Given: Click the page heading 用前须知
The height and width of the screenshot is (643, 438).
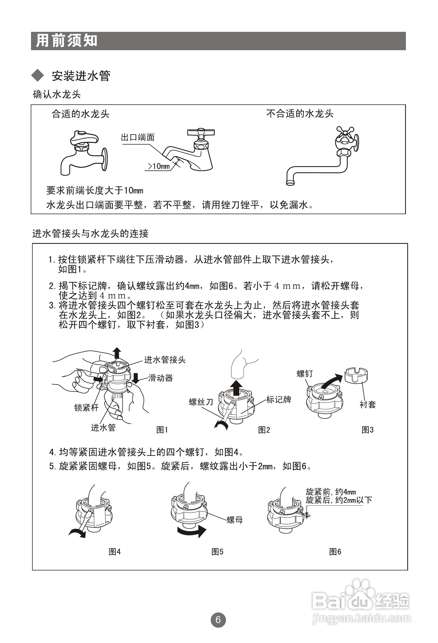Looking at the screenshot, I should pyautogui.click(x=67, y=41).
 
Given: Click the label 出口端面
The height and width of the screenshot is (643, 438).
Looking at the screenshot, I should pyautogui.click(x=138, y=138).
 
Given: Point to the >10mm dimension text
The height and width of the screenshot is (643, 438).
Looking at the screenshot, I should pyautogui.click(x=159, y=166).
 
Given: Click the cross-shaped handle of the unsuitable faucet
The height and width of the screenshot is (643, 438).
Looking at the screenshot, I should pyautogui.click(x=345, y=132).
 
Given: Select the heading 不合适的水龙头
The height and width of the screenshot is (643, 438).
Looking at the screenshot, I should pyautogui.click(x=300, y=114).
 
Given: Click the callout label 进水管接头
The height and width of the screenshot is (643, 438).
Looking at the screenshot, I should pyautogui.click(x=165, y=360).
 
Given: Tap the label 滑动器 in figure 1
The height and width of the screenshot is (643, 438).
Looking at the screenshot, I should pyautogui.click(x=160, y=378).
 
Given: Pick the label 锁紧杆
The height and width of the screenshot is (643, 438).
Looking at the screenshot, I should pyautogui.click(x=86, y=407).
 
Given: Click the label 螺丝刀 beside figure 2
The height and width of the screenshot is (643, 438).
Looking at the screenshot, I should pyautogui.click(x=201, y=402).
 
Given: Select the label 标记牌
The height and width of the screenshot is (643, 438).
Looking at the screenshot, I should pyautogui.click(x=279, y=399).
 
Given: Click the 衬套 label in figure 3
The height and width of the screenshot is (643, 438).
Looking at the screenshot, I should pyautogui.click(x=367, y=405).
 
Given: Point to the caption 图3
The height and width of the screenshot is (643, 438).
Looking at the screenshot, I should pyautogui.click(x=367, y=430).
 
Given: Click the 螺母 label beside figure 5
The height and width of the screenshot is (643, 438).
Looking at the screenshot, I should pyautogui.click(x=235, y=520).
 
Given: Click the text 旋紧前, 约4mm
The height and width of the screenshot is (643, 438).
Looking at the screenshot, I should pyautogui.click(x=331, y=492).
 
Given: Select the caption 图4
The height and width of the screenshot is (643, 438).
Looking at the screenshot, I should pyautogui.click(x=115, y=551).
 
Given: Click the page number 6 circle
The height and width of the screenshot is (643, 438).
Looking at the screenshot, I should pyautogui.click(x=218, y=620).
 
